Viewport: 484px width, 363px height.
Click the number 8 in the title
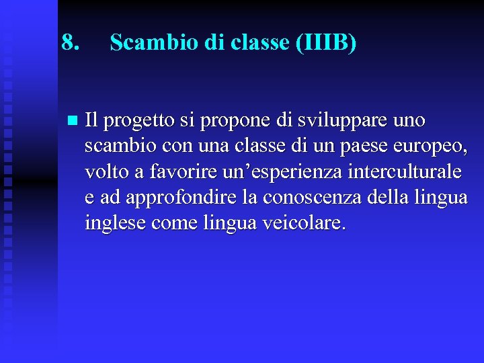[66, 43]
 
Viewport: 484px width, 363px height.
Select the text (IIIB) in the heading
[325, 43]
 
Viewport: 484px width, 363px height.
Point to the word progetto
[137, 122]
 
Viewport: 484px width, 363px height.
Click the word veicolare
[309, 223]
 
